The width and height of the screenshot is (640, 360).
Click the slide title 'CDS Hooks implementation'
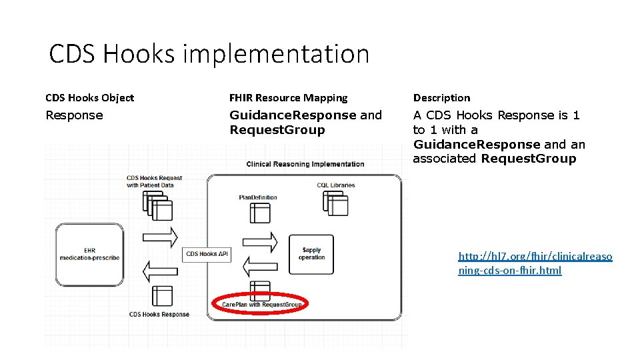tap(209, 54)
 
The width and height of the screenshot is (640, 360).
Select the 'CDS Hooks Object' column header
tap(89, 98)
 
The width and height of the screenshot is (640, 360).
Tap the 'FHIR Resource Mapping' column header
tap(288, 98)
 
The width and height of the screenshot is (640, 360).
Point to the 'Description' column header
tap(441, 98)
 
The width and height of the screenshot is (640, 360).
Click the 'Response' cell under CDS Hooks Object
tap(74, 115)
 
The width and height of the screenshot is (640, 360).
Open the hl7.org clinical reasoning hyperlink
tap(534, 263)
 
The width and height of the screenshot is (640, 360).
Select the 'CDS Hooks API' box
tap(207, 253)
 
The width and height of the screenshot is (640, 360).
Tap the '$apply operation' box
tap(311, 254)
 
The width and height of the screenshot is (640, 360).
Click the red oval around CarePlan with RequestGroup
tap(259, 304)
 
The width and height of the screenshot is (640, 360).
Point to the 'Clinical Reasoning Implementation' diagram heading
tap(305, 164)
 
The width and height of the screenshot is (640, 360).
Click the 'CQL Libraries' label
tap(336, 185)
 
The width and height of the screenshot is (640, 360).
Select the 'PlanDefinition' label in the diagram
tap(258, 197)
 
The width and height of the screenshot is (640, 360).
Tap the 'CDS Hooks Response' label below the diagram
tap(159, 314)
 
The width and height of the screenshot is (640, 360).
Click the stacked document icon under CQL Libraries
tap(335, 203)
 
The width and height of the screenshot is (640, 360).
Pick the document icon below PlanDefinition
tap(260, 212)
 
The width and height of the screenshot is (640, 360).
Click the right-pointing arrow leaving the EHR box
tap(161, 237)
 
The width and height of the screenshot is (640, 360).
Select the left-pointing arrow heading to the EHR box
tap(161, 270)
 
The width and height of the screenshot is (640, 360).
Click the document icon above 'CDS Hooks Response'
tap(161, 296)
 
